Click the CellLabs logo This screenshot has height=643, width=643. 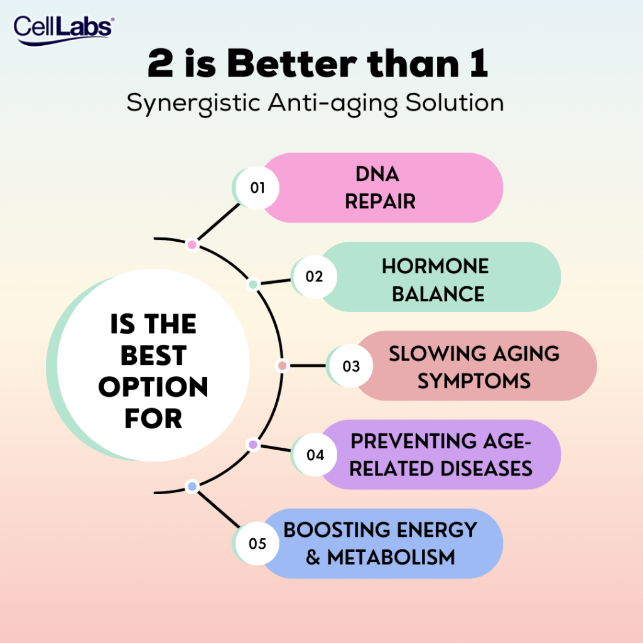click(63, 30)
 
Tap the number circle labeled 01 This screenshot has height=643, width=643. click(257, 188)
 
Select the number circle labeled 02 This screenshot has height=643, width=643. click(315, 276)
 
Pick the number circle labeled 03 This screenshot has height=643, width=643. click(351, 366)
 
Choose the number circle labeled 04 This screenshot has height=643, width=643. click(315, 455)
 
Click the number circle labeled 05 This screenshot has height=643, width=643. click(257, 543)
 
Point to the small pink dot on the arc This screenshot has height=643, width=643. click(192, 245)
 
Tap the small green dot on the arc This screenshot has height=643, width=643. click(254, 284)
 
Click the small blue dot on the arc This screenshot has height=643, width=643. click(192, 487)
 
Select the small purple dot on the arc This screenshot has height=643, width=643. click(253, 444)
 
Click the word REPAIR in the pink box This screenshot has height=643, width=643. click(380, 202)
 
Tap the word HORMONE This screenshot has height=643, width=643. click(435, 266)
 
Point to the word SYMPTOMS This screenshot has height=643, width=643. click(474, 381)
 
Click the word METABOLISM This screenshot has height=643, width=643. click(391, 558)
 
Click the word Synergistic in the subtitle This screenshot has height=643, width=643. click(193, 103)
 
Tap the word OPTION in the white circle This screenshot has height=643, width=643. click(153, 387)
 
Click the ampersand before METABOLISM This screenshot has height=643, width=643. click(313, 558)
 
